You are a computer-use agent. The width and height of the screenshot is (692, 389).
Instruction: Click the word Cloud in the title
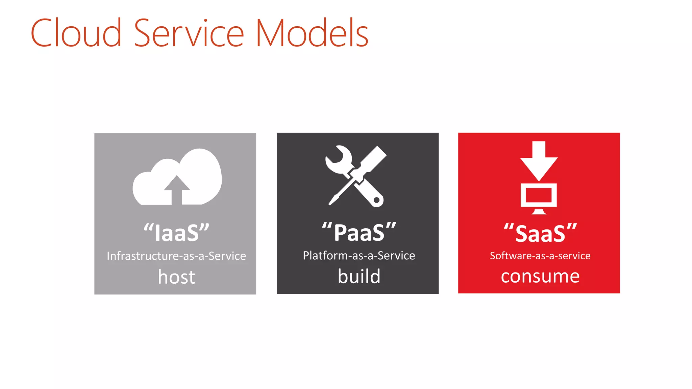tap(76, 33)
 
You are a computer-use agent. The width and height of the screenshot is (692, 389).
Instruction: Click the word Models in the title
tap(312, 33)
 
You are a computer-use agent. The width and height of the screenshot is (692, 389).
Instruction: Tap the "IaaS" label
tap(176, 233)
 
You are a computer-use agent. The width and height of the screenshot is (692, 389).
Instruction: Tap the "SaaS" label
tap(540, 233)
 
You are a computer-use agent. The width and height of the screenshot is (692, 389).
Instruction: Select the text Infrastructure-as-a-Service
tap(176, 256)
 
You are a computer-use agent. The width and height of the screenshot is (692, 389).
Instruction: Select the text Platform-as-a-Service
tap(359, 256)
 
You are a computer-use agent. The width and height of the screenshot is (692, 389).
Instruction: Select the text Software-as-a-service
tap(540, 256)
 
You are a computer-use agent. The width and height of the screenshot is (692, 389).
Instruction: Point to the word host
tap(176, 277)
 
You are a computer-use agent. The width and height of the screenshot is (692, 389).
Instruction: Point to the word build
tap(359, 276)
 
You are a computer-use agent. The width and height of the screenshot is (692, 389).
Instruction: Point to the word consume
tap(540, 276)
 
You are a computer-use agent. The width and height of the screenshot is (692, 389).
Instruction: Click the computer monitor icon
tap(539, 196)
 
